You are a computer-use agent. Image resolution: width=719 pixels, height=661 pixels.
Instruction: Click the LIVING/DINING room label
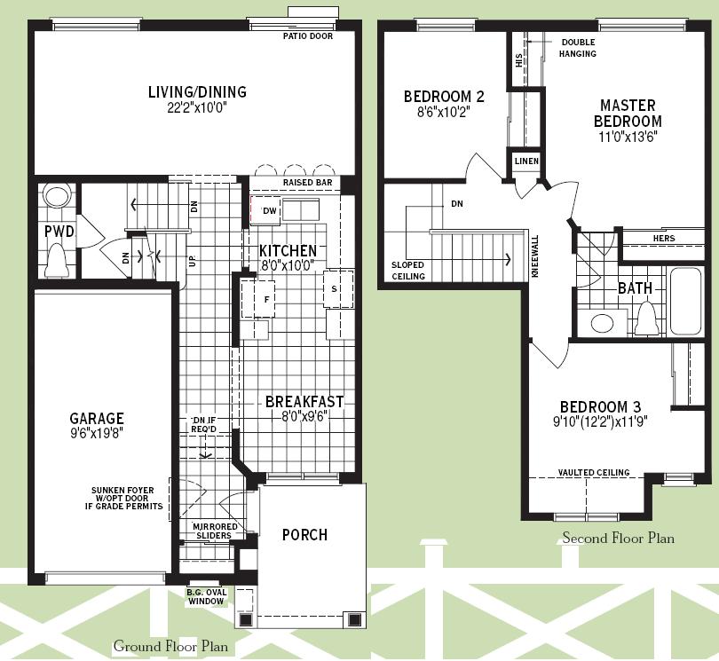(197, 91)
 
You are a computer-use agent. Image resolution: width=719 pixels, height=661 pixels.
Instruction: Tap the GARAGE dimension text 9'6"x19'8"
(97, 433)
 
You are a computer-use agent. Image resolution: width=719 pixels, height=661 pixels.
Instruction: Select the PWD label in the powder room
(59, 232)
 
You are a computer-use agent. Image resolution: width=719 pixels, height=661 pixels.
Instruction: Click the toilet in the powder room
(58, 260)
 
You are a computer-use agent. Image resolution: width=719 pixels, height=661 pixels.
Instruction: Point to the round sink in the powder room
(58, 197)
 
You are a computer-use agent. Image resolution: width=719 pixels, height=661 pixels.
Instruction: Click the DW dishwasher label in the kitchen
(270, 211)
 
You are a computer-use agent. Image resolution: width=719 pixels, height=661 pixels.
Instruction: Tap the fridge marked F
(258, 299)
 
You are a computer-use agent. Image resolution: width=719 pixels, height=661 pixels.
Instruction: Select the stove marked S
(338, 289)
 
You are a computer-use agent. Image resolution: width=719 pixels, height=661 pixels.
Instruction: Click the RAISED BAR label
(307, 183)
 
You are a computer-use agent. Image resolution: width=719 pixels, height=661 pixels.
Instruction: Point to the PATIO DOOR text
(308, 35)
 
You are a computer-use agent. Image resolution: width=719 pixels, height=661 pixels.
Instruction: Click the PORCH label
(305, 534)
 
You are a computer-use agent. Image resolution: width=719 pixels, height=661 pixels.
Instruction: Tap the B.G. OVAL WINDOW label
(206, 597)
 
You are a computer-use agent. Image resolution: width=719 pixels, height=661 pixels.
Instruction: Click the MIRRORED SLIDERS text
(214, 531)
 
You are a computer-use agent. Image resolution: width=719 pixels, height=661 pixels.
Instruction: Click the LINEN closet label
(526, 161)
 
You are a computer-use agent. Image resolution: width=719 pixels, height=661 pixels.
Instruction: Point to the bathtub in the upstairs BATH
(686, 301)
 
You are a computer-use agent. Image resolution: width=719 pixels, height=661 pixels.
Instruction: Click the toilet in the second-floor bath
(646, 319)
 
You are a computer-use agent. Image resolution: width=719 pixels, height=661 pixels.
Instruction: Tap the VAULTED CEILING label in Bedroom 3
(594, 472)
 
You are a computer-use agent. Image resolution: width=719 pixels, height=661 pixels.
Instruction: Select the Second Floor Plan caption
(618, 538)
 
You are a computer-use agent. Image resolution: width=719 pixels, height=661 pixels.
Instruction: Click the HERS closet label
(664, 238)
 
